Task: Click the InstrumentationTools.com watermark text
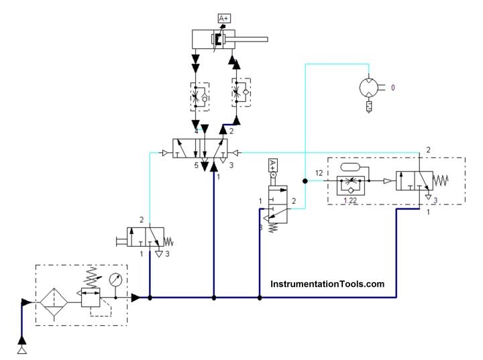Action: click(x=327, y=284)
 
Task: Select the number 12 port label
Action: click(x=319, y=174)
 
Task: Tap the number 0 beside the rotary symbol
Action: click(x=392, y=87)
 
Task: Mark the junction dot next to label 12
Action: click(x=305, y=180)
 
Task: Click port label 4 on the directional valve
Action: click(x=195, y=132)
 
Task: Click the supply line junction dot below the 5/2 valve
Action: click(x=213, y=297)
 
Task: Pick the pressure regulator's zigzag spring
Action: click(x=90, y=275)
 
